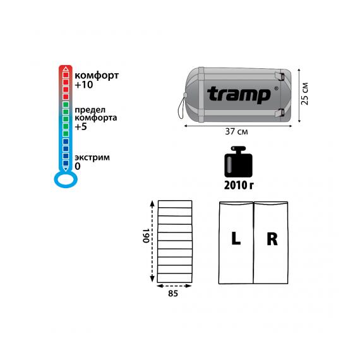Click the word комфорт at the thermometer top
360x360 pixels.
97,76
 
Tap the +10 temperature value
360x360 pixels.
84,85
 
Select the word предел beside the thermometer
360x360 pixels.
90,110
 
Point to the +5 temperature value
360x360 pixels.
81,126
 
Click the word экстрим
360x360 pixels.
92,158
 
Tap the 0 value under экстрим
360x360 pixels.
78,166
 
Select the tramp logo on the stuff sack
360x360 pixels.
239,94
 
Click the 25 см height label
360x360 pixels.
304,93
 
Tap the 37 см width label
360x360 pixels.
236,131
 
